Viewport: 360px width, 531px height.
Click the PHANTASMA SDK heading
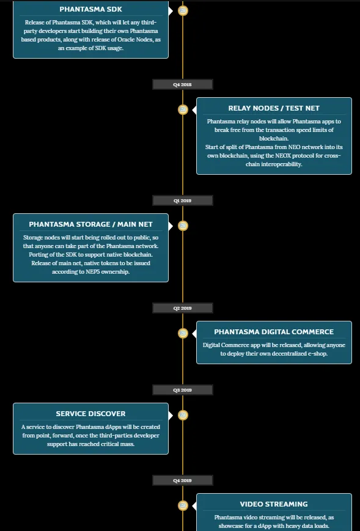click(90, 9)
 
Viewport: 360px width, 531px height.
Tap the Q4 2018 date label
click(183, 84)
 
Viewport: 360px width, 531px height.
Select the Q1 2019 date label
click(183, 200)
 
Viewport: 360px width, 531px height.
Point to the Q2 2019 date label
click(183, 308)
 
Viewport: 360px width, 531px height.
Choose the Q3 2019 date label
click(183, 390)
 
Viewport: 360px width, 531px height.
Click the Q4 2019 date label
click(183, 480)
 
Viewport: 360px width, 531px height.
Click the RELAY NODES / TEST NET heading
click(274, 108)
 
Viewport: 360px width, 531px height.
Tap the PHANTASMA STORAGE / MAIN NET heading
click(90, 224)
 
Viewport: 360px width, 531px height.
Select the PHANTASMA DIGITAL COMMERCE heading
click(274, 332)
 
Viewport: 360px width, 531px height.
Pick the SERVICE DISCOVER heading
click(90, 414)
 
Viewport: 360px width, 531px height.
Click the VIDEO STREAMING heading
click(274, 504)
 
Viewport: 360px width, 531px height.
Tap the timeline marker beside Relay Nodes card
click(183, 109)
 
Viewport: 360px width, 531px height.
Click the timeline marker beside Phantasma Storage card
click(183, 225)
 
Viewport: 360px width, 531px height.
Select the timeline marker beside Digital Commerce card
click(183, 333)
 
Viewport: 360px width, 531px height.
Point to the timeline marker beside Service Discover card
click(183, 415)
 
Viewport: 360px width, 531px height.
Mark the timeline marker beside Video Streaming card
click(183, 505)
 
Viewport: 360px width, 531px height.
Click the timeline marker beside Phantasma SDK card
click(183, 10)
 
